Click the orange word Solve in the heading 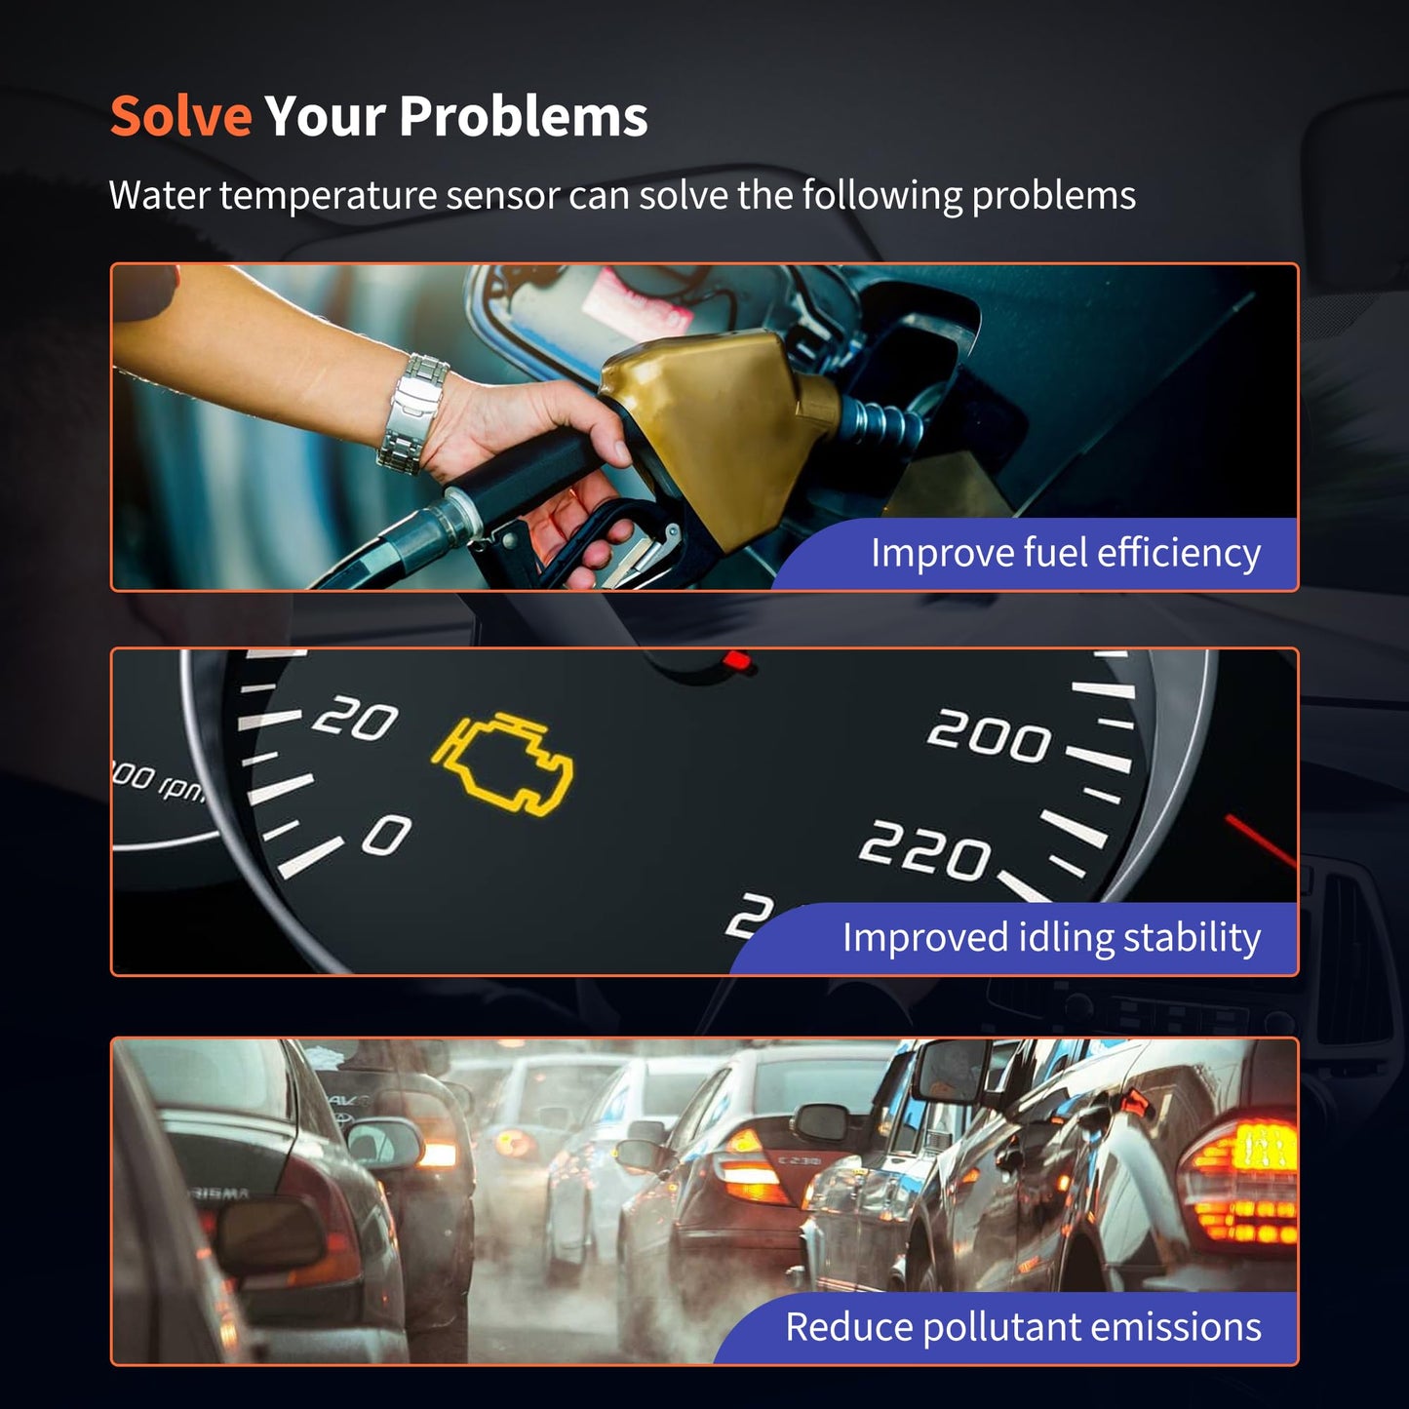point(180,116)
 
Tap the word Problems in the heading point(524,116)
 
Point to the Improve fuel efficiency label point(1066,553)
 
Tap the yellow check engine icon point(502,764)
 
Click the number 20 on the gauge point(355,718)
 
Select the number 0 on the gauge point(387,835)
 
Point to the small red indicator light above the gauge point(737,662)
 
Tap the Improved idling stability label point(1051,938)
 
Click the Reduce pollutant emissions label point(1023,1326)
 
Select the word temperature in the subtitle point(328,196)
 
